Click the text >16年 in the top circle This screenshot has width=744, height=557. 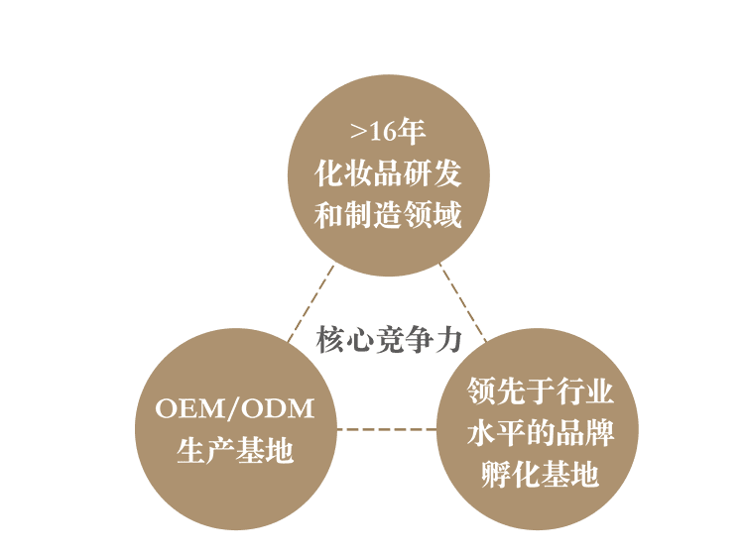(388, 132)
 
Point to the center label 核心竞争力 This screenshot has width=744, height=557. (389, 340)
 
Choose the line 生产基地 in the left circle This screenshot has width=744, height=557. (235, 451)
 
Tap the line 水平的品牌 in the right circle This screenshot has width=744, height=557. (541, 433)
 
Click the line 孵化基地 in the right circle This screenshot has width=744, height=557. (541, 475)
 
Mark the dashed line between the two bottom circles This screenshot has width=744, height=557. (387, 429)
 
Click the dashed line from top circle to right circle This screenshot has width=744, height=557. (464, 302)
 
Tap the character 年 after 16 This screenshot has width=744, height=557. (412, 132)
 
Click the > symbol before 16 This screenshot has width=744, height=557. (358, 133)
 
